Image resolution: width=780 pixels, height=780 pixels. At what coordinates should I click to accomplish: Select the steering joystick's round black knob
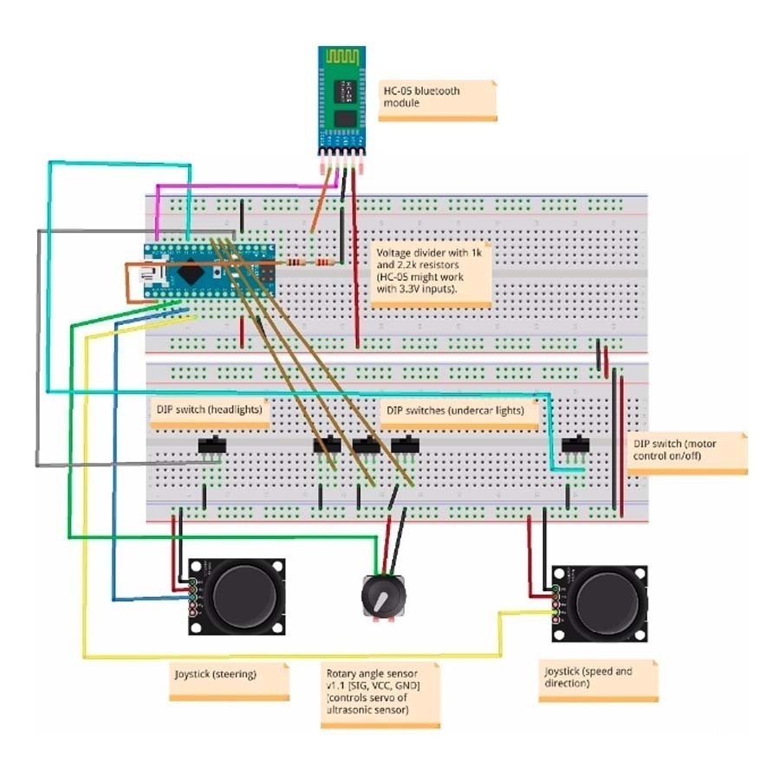(247, 594)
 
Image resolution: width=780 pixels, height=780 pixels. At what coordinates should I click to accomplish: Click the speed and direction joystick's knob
(610, 600)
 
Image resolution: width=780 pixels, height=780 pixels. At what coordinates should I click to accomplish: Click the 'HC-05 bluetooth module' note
(439, 99)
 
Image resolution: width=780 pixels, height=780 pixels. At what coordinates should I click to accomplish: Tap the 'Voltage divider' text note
(431, 274)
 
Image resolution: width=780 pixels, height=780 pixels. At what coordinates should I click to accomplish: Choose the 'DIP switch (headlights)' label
(208, 409)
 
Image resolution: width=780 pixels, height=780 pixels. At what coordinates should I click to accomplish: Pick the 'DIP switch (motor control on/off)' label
(686, 451)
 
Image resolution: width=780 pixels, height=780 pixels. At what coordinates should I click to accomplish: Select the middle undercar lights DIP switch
(367, 445)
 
